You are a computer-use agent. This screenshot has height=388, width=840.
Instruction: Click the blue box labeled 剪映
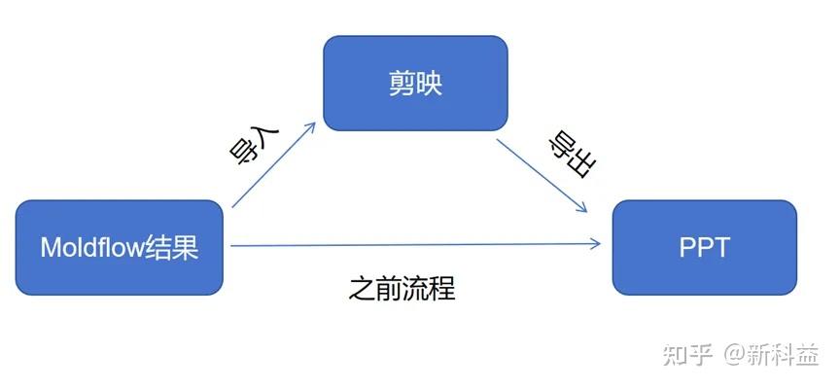(415, 83)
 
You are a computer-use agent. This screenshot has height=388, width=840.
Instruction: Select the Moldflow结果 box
(120, 247)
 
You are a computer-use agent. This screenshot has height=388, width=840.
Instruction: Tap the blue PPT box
(704, 247)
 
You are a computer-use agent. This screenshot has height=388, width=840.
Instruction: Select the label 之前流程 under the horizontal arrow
(402, 289)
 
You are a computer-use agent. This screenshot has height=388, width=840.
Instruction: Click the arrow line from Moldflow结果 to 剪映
(272, 165)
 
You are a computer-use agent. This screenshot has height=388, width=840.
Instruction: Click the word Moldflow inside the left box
(90, 248)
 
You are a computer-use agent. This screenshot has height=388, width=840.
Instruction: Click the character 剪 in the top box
(401, 83)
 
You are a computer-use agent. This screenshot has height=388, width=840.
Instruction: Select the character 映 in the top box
(430, 83)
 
